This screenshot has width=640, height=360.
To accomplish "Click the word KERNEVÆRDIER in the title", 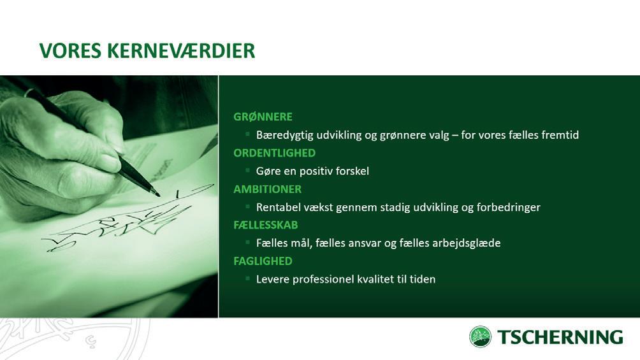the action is tap(181, 50).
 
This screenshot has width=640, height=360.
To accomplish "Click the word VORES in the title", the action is tap(69, 50).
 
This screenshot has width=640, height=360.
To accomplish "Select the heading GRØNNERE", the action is tap(263, 117).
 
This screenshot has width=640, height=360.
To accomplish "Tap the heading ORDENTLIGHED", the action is tap(274, 153).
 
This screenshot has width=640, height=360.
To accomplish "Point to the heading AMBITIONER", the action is tap(267, 189).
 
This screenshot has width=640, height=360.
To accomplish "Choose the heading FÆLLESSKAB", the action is tap(266, 225).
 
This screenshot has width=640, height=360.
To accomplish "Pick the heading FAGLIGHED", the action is tap(263, 261).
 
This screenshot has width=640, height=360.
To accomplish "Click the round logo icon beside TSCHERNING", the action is tap(480, 336).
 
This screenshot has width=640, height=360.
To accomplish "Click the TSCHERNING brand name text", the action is tap(560, 337).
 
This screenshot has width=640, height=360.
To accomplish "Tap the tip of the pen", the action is tap(159, 196).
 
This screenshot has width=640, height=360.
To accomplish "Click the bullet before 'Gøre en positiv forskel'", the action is tap(247, 169).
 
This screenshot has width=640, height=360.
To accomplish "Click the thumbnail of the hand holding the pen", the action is tap(109, 196).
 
